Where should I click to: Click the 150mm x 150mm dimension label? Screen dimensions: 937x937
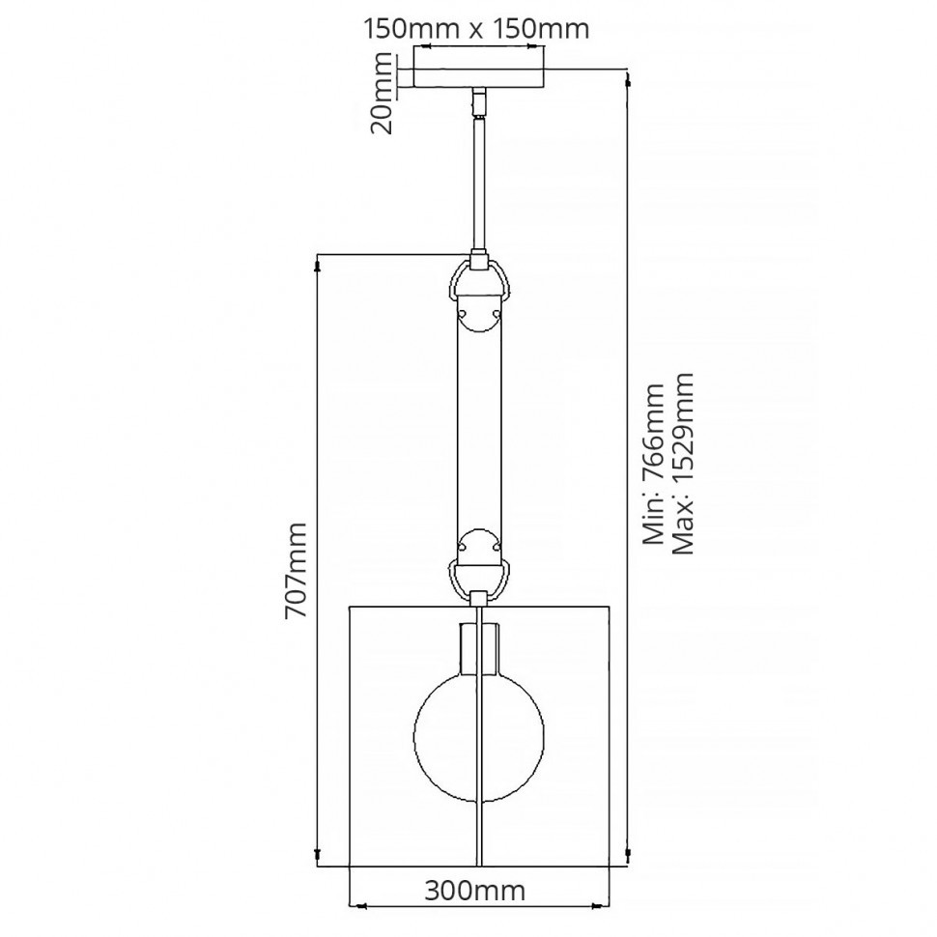pos(475,28)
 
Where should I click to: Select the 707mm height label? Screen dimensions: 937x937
pos(297,570)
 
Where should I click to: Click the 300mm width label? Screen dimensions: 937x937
pos(474,890)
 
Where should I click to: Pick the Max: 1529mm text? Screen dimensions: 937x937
pos(684,463)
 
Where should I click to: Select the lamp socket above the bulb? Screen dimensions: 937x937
pos(480,647)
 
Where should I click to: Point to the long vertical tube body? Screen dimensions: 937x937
pos(480,425)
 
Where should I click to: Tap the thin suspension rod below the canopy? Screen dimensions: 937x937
pos(479,184)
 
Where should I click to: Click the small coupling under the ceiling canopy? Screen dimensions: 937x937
pos(479,100)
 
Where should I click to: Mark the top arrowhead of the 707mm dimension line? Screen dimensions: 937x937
pos(319,262)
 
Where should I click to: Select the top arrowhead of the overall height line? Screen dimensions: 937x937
pos(629,78)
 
